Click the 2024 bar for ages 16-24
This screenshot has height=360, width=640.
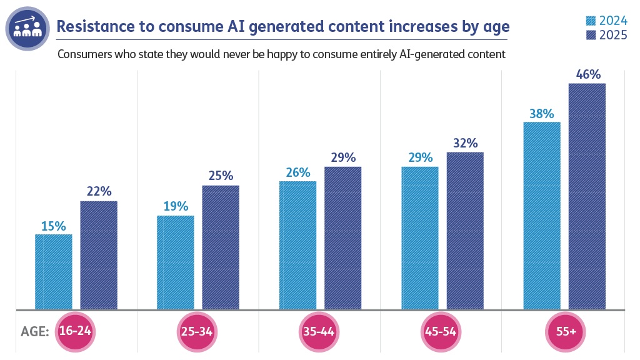(54, 272)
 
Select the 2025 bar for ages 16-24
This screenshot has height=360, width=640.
(99, 255)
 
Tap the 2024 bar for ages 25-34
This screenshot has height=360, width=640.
(175, 262)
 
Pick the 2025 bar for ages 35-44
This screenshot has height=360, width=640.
(342, 237)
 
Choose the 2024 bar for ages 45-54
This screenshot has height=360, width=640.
(419, 237)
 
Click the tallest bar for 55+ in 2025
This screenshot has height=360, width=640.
(587, 196)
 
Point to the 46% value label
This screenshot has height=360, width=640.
(587, 75)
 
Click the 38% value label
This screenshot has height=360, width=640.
(541, 114)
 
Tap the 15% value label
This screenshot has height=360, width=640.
(54, 226)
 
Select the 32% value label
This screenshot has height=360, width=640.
(465, 144)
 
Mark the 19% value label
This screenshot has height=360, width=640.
(175, 207)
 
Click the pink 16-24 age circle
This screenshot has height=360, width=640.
(75, 331)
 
